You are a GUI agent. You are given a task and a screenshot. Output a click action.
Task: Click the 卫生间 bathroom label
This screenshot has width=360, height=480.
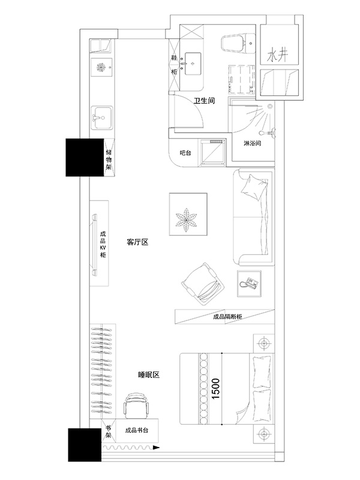204,101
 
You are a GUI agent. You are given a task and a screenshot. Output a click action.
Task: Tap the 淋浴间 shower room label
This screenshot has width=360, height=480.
252,143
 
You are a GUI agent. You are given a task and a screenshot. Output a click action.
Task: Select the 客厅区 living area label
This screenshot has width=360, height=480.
137,242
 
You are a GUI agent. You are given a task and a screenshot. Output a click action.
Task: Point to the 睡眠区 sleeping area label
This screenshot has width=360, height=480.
149,374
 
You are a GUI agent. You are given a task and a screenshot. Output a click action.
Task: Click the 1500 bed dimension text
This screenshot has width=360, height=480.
215,388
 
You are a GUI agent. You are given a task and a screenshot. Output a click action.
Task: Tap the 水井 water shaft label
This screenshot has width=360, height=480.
277,55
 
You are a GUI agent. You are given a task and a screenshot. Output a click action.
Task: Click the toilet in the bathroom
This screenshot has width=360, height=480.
238,44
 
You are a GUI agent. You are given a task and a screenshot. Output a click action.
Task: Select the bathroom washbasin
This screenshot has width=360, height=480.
192,64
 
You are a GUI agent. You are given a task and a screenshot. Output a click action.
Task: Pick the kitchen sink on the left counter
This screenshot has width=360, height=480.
102,118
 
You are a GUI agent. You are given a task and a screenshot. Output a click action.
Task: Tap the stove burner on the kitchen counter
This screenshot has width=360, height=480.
101,67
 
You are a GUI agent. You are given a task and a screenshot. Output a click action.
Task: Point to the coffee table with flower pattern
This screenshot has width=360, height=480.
188,214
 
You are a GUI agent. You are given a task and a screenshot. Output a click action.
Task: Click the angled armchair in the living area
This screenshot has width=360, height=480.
202,284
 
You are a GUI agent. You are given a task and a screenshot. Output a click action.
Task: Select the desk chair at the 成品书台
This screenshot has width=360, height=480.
137,406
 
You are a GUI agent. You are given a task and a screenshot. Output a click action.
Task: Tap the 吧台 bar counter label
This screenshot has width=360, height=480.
185,153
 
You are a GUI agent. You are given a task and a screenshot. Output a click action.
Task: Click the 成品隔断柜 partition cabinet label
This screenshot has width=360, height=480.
227,317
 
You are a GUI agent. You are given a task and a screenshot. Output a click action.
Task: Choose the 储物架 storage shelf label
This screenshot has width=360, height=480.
109,160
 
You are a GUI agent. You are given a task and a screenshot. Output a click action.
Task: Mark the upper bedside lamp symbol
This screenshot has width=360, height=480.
263,343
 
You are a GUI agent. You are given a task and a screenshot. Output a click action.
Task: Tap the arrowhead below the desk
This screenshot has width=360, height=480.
156,448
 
